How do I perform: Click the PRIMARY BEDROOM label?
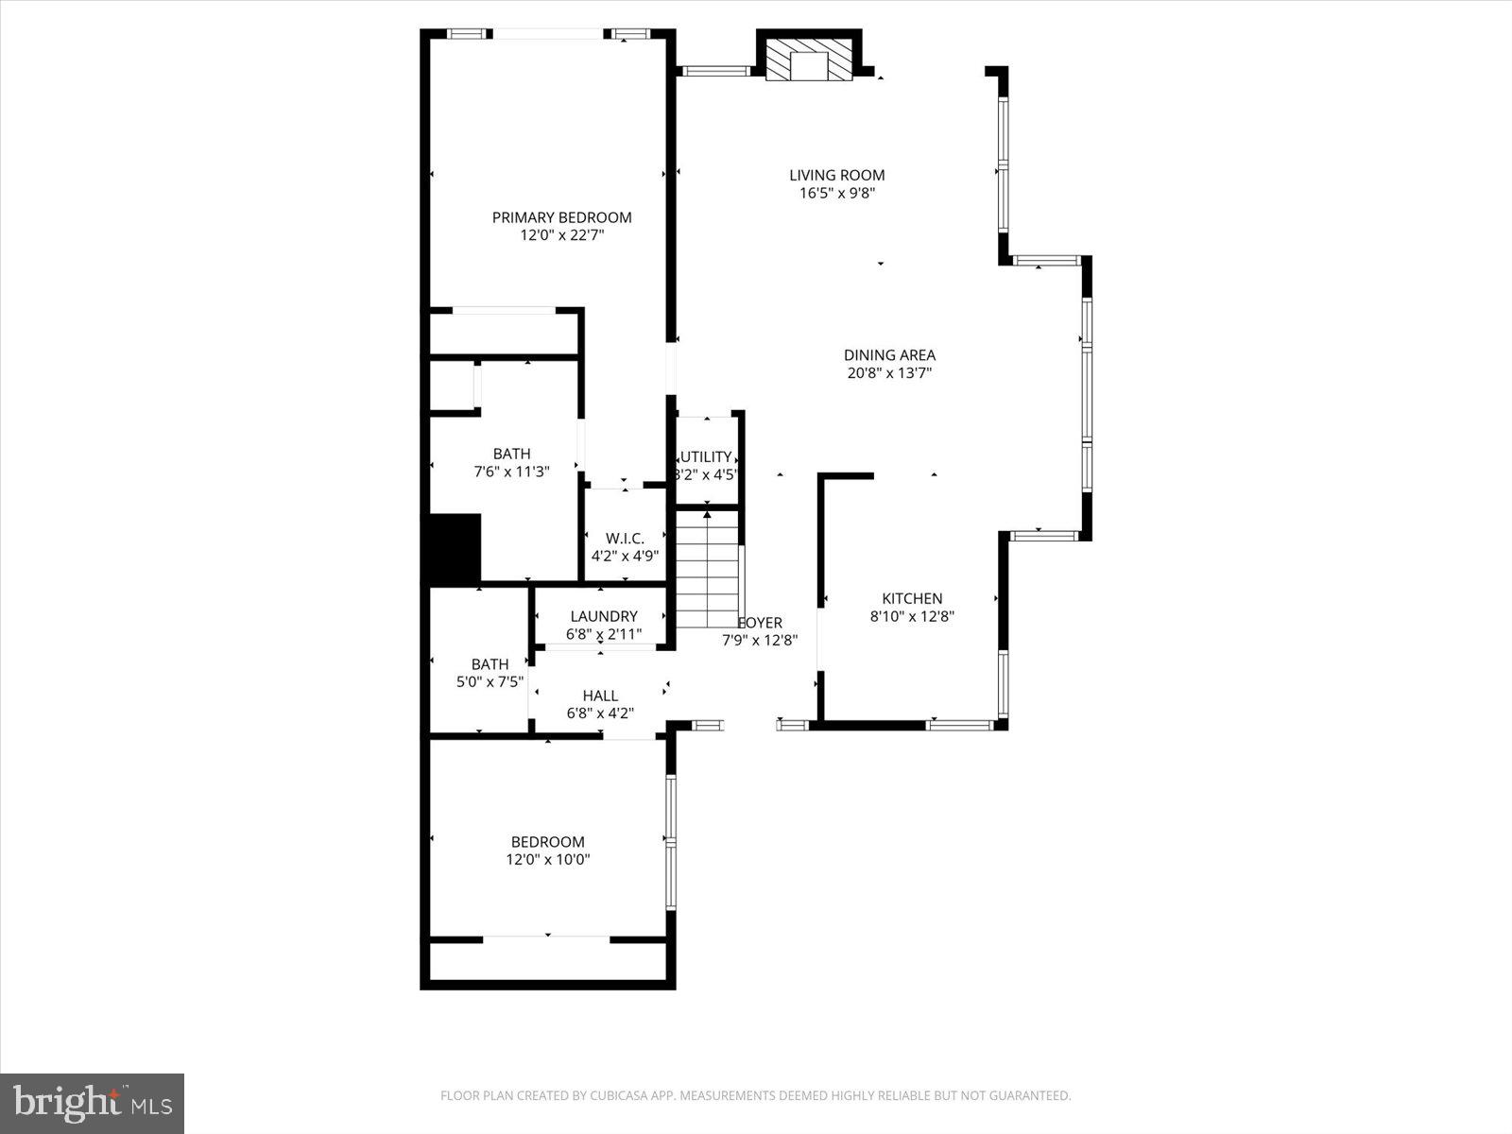pyautogui.click(x=561, y=217)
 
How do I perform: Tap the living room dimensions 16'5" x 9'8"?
pyautogui.click(x=837, y=193)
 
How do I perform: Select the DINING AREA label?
pyautogui.click(x=889, y=355)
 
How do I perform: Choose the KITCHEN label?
pyautogui.click(x=912, y=598)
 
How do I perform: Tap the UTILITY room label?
pyautogui.click(x=707, y=456)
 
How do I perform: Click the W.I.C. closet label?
pyautogui.click(x=625, y=538)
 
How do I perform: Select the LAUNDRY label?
pyautogui.click(x=604, y=616)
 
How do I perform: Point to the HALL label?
pyautogui.click(x=600, y=696)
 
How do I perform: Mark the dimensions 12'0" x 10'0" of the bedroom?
pyautogui.click(x=548, y=860)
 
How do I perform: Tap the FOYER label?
pyautogui.click(x=762, y=623)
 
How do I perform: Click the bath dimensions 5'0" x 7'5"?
pyautogui.click(x=490, y=682)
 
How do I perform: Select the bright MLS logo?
pyautogui.click(x=93, y=1103)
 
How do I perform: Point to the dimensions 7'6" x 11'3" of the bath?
pyautogui.click(x=511, y=472)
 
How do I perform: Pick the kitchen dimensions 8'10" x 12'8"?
pyautogui.click(x=912, y=617)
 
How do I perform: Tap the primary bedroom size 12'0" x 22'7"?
pyautogui.click(x=561, y=235)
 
